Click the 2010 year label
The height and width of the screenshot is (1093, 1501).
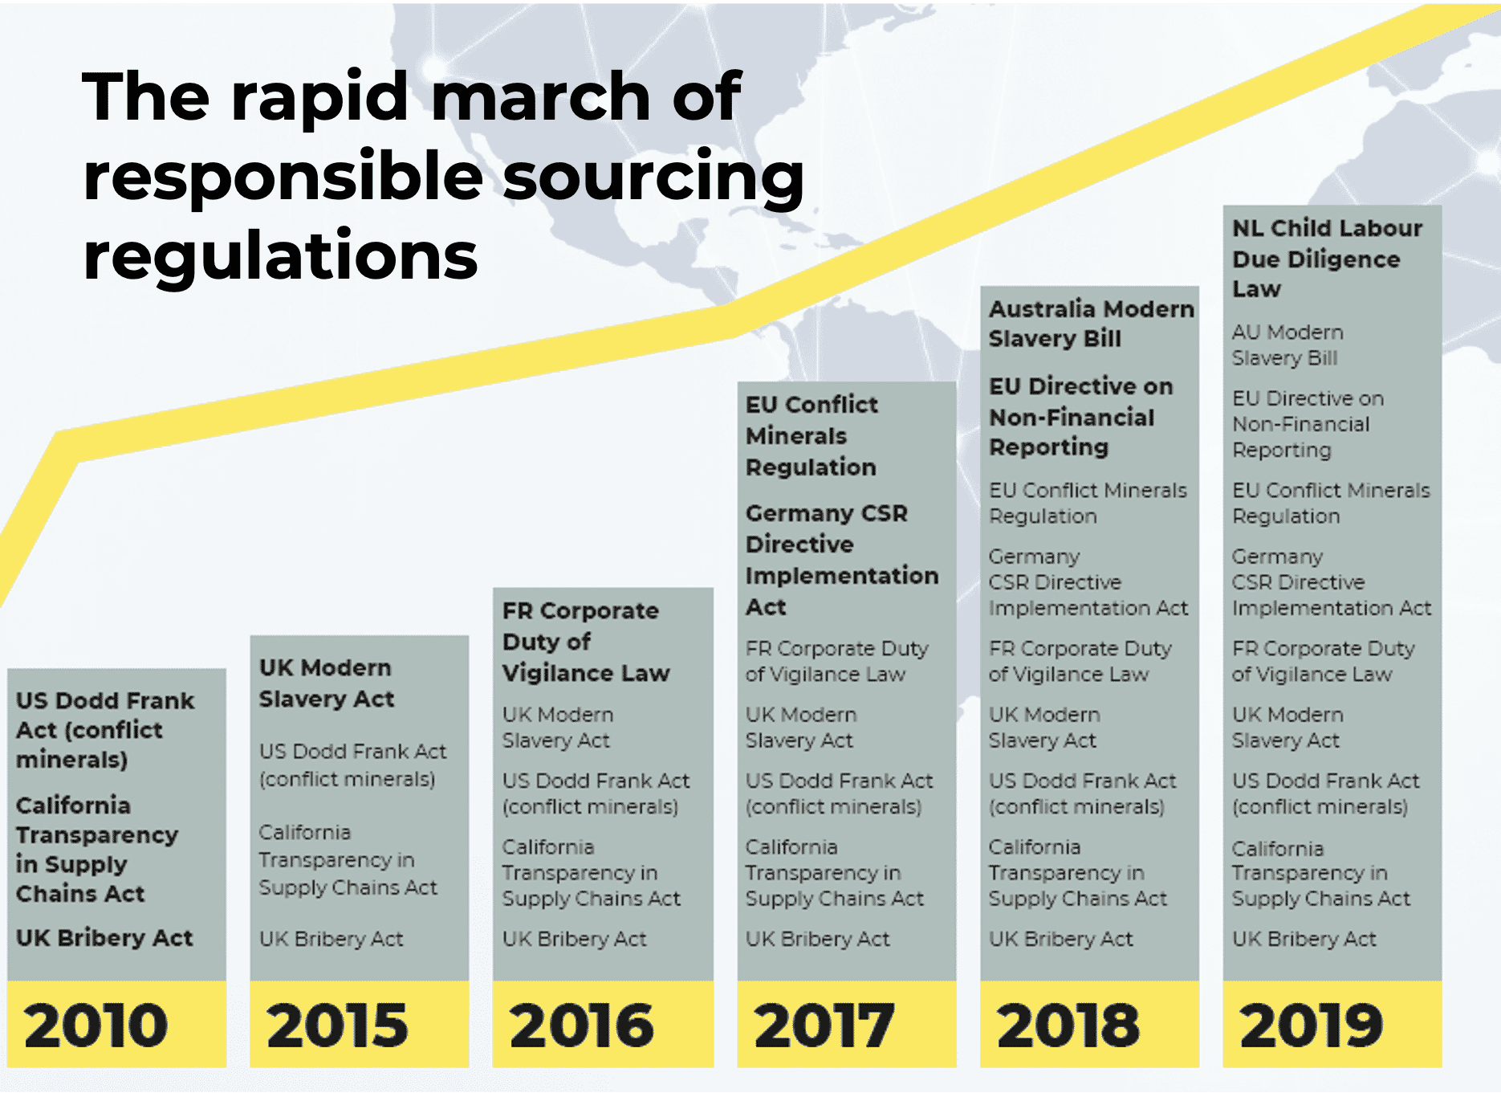pyautogui.click(x=96, y=1026)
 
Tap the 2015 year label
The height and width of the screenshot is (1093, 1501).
pyautogui.click(x=337, y=1026)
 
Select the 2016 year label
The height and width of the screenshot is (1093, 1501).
pyautogui.click(x=581, y=1026)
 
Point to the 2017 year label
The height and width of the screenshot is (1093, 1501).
pyautogui.click(x=824, y=1026)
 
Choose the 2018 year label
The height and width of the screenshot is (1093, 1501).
pyautogui.click(x=1068, y=1026)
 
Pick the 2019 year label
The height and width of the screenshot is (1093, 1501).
pyautogui.click(x=1311, y=1026)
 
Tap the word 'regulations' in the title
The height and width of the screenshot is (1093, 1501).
pyautogui.click(x=280, y=255)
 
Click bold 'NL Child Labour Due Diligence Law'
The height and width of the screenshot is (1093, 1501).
pyautogui.click(x=1326, y=259)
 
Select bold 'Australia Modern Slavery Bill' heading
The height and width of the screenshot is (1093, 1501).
pyautogui.click(x=1090, y=324)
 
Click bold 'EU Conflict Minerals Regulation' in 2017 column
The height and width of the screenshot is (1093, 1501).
pyautogui.click(x=811, y=436)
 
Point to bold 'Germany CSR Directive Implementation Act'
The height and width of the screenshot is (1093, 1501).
pyautogui.click(x=840, y=560)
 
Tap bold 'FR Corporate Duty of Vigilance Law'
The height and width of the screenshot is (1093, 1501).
pyautogui.click(x=585, y=642)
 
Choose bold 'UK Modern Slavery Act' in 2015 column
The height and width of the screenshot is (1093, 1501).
pyautogui.click(x=326, y=683)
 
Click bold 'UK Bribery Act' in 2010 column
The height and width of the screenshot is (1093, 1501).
pyautogui.click(x=104, y=938)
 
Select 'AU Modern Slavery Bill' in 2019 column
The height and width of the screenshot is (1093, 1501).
pyautogui.click(x=1287, y=345)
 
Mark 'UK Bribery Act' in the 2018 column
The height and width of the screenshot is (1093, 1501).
pyautogui.click(x=1060, y=939)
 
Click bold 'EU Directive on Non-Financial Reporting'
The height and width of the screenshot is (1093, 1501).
pyautogui.click(x=1080, y=417)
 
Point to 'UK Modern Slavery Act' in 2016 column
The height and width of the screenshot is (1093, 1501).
pyautogui.click(x=557, y=728)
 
